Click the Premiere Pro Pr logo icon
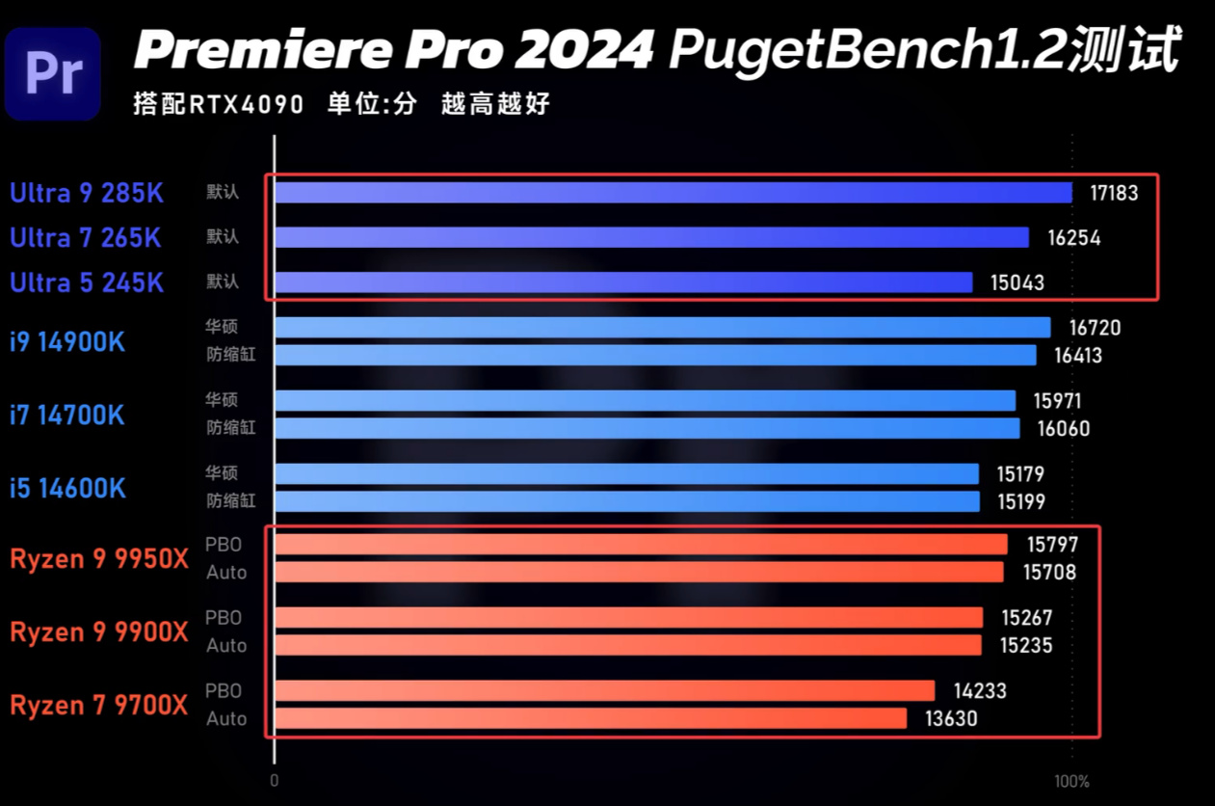coord(53,73)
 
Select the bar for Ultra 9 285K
coord(673,193)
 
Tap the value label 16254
coord(1073,238)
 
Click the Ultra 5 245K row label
coord(87,282)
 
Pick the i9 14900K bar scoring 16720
coord(662,328)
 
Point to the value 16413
coord(1077,356)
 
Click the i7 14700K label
coord(67,416)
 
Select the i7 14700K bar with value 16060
coord(647,428)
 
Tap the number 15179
coord(1019,474)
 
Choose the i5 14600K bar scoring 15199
coord(626,501)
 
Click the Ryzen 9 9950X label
coord(99,559)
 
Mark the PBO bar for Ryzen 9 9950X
coord(641,545)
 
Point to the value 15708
coord(1049,573)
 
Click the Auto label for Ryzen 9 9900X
coord(226,646)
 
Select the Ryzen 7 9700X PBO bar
coord(604,690)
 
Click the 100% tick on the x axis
coord(1071,781)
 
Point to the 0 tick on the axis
coord(275,781)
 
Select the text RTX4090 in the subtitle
coord(246,104)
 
